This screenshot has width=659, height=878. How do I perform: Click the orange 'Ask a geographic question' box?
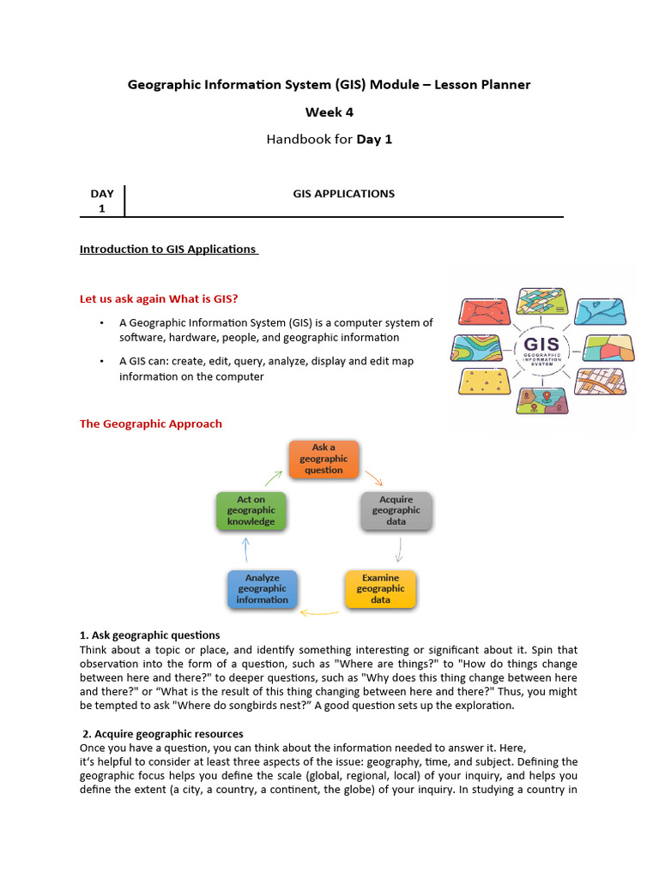(323, 459)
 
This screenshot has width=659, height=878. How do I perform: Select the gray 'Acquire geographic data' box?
(396, 510)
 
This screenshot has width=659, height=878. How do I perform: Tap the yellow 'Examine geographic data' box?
(380, 589)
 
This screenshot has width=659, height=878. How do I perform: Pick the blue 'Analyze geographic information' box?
(263, 589)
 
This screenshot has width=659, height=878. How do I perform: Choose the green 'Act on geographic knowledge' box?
(251, 510)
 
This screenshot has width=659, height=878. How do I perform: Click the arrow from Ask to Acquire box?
(374, 477)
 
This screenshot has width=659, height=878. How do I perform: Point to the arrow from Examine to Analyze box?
(320, 613)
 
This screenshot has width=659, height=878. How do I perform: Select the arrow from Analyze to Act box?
(246, 549)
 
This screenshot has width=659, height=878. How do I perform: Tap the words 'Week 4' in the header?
(329, 112)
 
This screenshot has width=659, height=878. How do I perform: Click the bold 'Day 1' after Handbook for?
(374, 139)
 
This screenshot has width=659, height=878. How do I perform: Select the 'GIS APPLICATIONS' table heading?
(343, 194)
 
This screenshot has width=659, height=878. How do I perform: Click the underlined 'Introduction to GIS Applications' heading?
(168, 250)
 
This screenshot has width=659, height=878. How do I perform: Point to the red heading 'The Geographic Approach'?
(150, 424)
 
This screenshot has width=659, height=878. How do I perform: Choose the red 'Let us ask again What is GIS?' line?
(159, 298)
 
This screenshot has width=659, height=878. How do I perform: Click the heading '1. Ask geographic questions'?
(149, 635)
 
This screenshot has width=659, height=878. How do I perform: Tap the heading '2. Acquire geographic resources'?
(163, 734)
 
